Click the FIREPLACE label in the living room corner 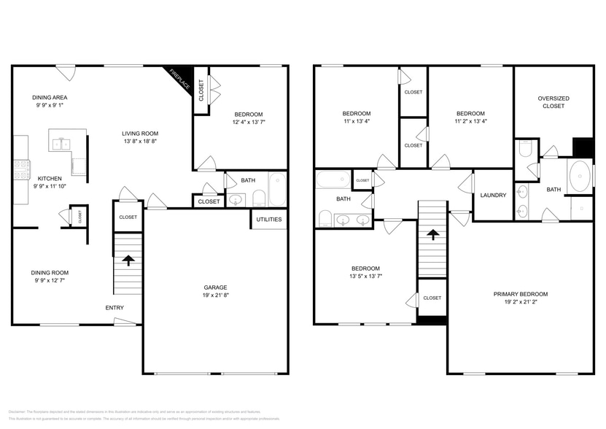pyautogui.click(x=180, y=80)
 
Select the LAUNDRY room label pyautogui.click(x=494, y=195)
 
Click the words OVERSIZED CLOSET pyautogui.click(x=553, y=102)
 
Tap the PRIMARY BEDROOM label pyautogui.click(x=520, y=294)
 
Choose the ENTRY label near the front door pyautogui.click(x=114, y=308)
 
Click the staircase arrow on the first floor pyautogui.click(x=128, y=260)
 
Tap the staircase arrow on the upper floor pyautogui.click(x=432, y=234)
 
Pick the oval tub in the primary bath pyautogui.click(x=579, y=177)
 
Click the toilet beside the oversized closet pyautogui.click(x=524, y=150)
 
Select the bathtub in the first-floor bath pyautogui.click(x=278, y=189)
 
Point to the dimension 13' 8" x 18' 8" pyautogui.click(x=140, y=141)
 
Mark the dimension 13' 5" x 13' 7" pyautogui.click(x=365, y=276)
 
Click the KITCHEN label pyautogui.click(x=50, y=178)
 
